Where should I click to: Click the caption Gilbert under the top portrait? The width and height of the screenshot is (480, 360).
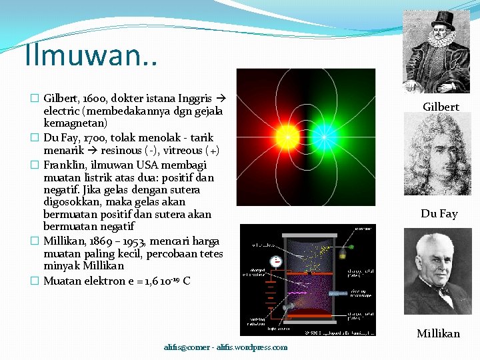[441, 107]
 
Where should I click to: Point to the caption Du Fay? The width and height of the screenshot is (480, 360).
[439, 214]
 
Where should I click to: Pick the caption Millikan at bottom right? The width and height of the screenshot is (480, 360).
[438, 333]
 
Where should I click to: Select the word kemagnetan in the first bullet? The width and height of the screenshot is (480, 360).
[75, 124]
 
